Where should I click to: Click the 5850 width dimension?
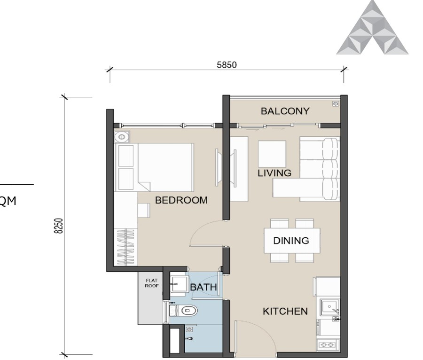pos(227,65)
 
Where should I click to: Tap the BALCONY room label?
pos(285,111)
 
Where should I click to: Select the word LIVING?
pos(274,173)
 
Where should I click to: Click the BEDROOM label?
pos(181,200)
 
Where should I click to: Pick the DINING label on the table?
pos(291,241)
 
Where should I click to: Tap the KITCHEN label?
pos(285,311)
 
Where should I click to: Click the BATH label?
pos(203,287)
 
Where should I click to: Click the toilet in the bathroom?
pos(185,310)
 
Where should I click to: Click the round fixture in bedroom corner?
pos(121,137)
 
